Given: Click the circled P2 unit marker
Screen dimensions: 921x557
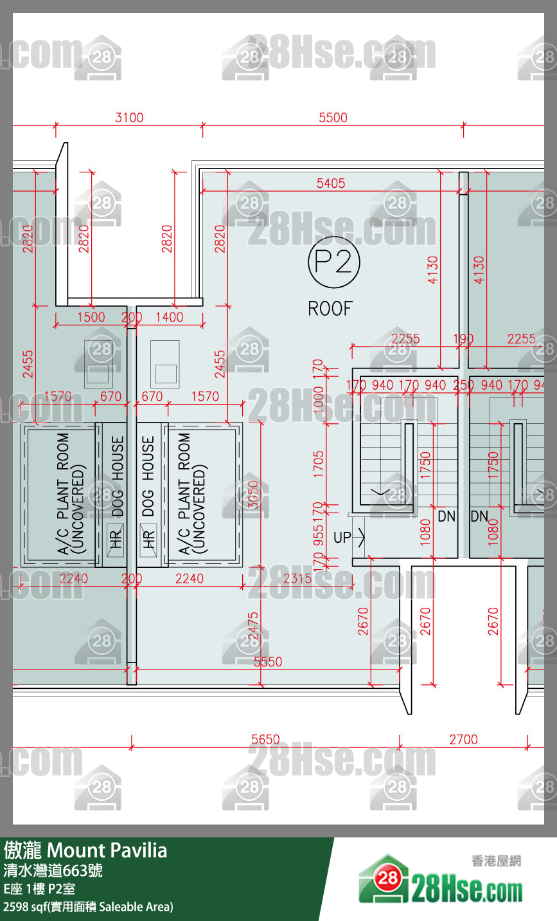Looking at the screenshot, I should (333, 262).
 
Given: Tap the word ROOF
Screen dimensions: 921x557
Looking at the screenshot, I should (330, 309).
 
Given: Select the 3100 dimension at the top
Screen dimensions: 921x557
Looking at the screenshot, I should (129, 118).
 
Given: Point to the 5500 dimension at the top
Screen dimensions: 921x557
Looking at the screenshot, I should (333, 118).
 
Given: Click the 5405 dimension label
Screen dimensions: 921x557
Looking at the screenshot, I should (330, 183).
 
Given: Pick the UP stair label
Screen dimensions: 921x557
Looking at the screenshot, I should (342, 537).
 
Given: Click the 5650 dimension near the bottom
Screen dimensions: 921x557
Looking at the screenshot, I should (265, 740).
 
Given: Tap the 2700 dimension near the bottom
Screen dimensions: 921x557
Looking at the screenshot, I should (463, 740).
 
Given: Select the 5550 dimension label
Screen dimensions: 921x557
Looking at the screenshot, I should (267, 661).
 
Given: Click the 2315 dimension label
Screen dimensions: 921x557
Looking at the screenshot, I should (297, 578).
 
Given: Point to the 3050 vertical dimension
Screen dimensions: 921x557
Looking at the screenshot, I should (253, 495).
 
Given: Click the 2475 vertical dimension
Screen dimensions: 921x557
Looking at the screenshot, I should (253, 626).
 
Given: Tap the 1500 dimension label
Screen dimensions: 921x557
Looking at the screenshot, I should (91, 317).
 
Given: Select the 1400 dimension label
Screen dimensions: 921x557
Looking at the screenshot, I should (169, 317).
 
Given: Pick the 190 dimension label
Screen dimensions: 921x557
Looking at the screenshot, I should (463, 339).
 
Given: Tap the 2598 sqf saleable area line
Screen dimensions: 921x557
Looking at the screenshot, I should (88, 907).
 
